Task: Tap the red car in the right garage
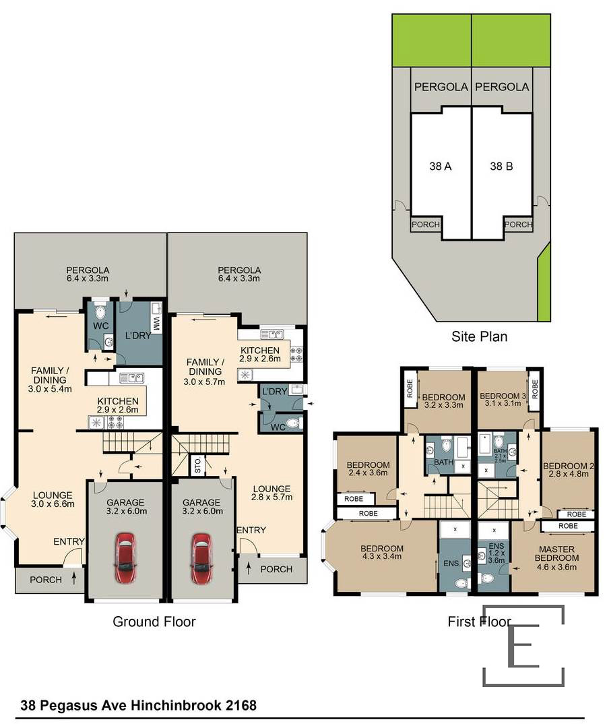click(x=201, y=557)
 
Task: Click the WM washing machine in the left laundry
click(x=156, y=323)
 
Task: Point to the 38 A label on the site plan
click(x=441, y=167)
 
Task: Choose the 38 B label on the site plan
click(x=501, y=167)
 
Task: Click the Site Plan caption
click(x=479, y=336)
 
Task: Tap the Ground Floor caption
click(x=154, y=622)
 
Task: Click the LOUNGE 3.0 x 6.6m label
click(x=53, y=500)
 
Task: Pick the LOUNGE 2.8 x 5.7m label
click(x=271, y=493)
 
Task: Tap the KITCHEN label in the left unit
click(x=118, y=401)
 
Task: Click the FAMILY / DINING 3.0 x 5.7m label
click(x=205, y=371)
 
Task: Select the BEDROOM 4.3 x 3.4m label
click(x=382, y=552)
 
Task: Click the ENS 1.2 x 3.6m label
click(x=497, y=553)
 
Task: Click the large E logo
click(x=524, y=646)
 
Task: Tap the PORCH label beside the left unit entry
click(x=46, y=580)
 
